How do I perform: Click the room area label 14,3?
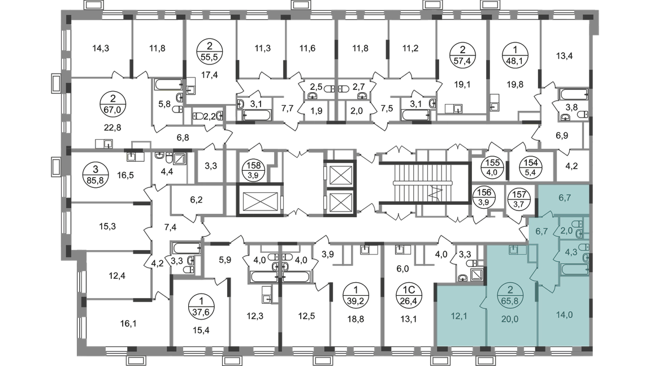[x=100, y=49]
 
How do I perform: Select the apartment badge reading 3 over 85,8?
[x=96, y=175]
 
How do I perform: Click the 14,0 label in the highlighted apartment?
[x=564, y=315]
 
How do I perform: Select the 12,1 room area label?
[x=459, y=316]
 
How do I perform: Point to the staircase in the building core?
[x=424, y=183]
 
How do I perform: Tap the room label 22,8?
[x=112, y=128]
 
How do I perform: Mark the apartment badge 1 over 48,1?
[x=515, y=55]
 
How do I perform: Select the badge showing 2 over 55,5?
[x=209, y=51]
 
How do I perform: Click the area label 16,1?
[x=128, y=323]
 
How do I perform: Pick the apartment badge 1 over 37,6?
[x=201, y=306]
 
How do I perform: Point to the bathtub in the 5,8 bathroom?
[x=169, y=84]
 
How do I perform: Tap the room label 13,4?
[x=564, y=56]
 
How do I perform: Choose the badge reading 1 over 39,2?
[x=356, y=295]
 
